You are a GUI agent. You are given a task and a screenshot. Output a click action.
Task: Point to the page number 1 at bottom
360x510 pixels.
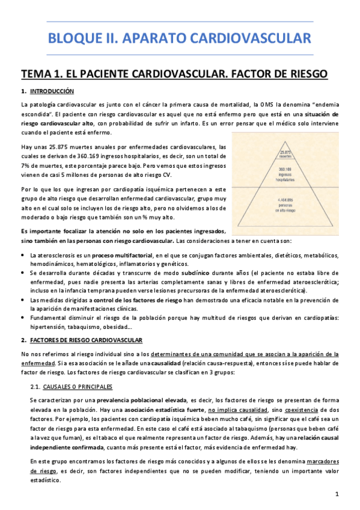[x=337, y=494]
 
